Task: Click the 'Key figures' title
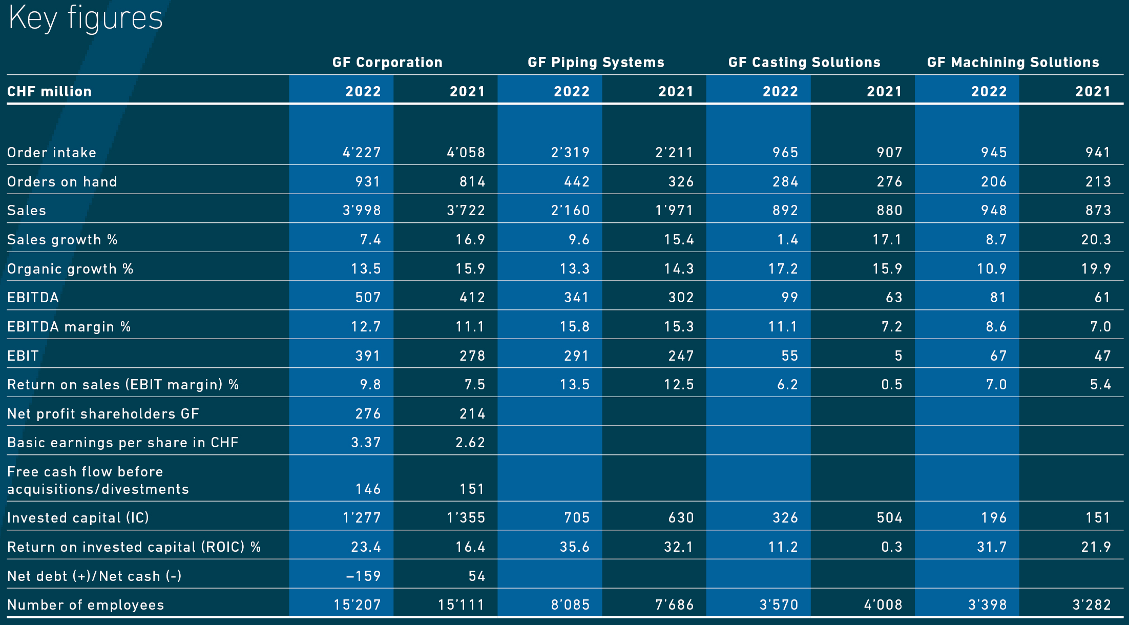point(86,18)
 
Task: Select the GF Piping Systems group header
point(596,62)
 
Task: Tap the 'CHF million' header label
point(49,92)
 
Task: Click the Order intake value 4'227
point(362,153)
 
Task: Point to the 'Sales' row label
point(27,211)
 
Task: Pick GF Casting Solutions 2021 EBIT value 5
point(898,356)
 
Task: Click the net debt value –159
point(364,576)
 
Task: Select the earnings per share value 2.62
point(470,443)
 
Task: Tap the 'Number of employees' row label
point(86,605)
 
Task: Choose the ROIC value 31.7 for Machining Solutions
point(992,547)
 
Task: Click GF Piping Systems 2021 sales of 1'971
point(675,211)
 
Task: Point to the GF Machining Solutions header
point(1013,62)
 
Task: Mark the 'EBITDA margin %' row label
point(69,327)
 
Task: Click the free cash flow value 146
point(368,489)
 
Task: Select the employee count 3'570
point(779,605)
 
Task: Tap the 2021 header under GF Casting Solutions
point(884,92)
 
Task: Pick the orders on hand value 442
point(577,182)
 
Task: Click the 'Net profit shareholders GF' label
point(103,414)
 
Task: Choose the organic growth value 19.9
point(1096,269)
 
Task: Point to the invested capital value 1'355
point(466,518)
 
